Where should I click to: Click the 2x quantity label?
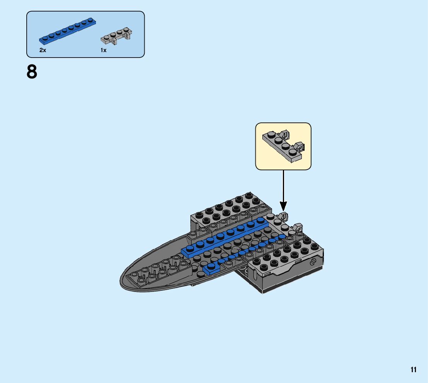point(43,51)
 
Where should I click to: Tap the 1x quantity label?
point(103,51)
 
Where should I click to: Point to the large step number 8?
point(32,72)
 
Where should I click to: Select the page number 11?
point(414,370)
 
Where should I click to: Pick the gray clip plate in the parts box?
point(116,36)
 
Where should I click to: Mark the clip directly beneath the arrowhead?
point(284,216)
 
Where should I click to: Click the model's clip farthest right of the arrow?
point(299,228)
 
